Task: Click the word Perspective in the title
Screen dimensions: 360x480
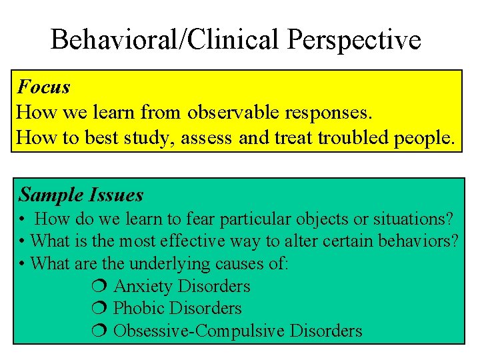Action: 354,40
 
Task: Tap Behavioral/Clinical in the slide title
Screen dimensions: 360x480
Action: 167,40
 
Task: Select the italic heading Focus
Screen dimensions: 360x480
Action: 43,87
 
